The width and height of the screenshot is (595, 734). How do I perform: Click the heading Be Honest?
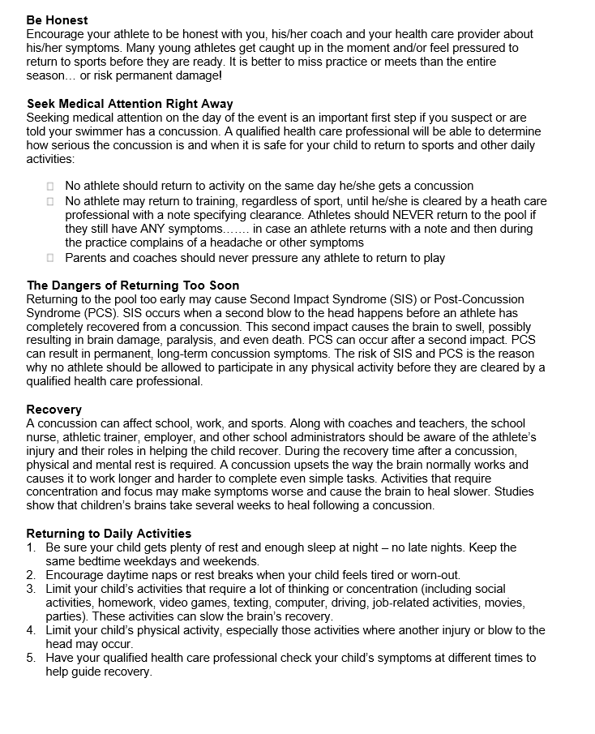58,20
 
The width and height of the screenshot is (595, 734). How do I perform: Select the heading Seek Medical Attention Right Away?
130,104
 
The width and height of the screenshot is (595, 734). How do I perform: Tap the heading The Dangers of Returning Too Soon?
133,285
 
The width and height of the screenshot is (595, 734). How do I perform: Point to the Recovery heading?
54,410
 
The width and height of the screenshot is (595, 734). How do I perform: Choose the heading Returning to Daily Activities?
109,534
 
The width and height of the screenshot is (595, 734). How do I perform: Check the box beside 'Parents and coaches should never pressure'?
50,258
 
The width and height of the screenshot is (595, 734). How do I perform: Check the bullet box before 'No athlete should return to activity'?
50,187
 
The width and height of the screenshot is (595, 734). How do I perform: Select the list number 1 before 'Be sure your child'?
31,548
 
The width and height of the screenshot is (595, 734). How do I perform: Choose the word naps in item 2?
150,575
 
